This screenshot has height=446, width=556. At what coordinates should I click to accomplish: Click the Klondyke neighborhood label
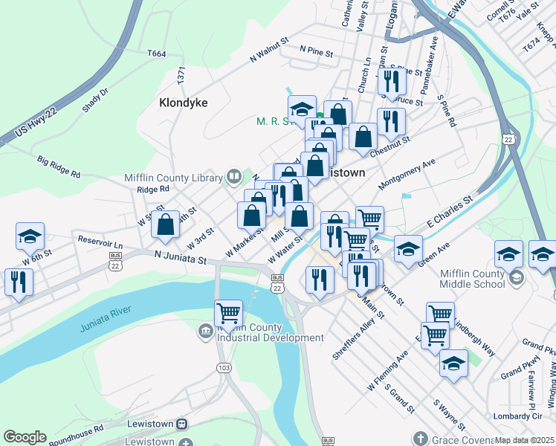pos(183,103)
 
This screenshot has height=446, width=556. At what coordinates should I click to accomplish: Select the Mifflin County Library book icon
pos(234,177)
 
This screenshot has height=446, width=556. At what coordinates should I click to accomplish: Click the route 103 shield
pos(223,367)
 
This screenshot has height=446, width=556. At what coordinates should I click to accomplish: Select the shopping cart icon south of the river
pos(228,312)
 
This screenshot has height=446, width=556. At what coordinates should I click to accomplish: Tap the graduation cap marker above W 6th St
pos(30,236)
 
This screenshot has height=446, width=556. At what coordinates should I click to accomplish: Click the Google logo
pos(25,436)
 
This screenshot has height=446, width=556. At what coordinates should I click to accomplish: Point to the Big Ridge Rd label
pos(58,166)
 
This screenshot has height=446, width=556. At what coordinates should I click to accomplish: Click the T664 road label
pos(157,54)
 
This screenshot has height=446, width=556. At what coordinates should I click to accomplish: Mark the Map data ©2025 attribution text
pos(524,440)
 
